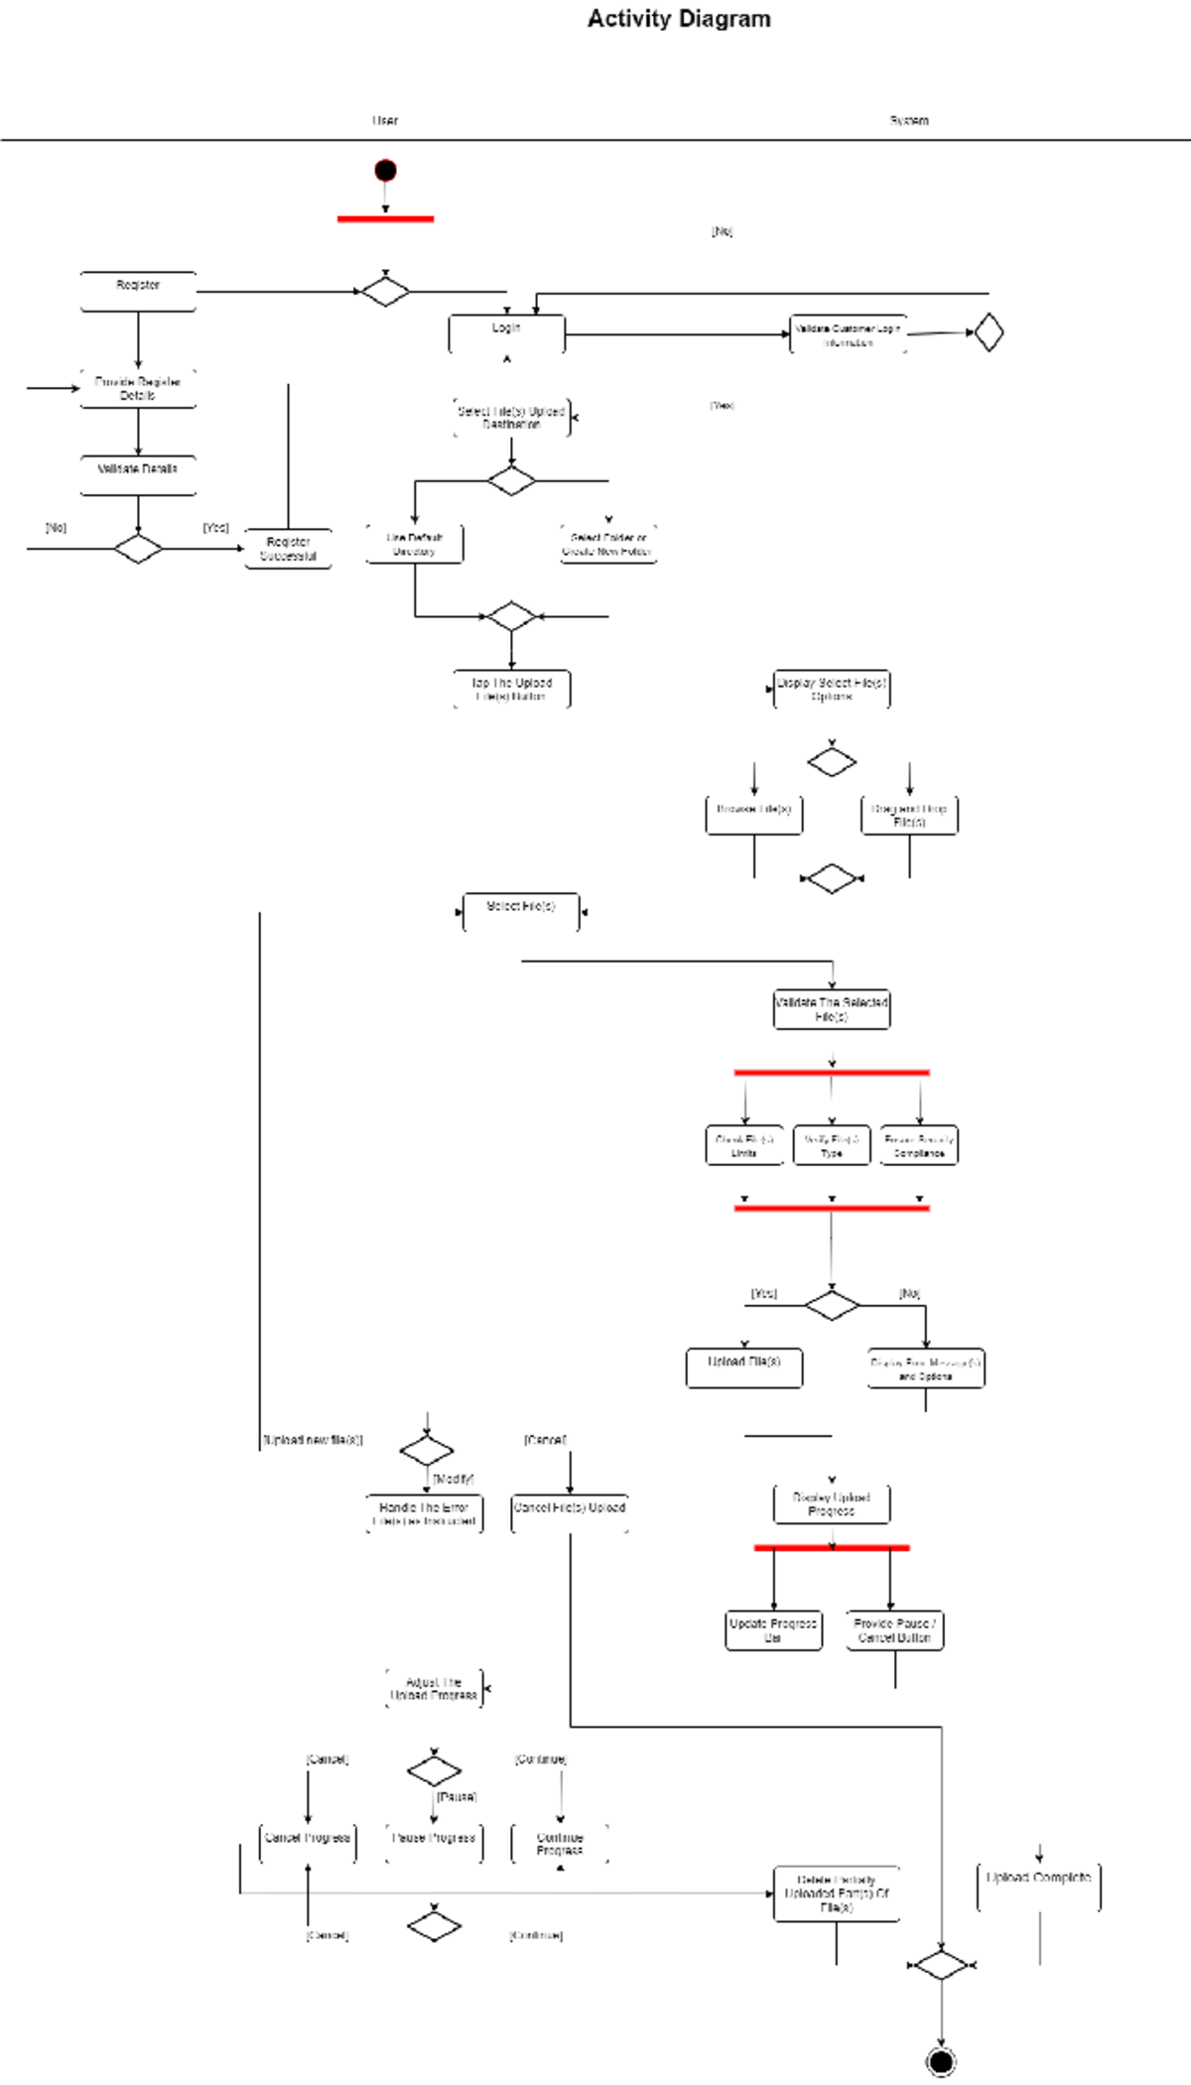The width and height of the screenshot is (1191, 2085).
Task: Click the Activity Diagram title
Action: click(x=679, y=19)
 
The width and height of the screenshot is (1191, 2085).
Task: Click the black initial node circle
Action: click(x=385, y=171)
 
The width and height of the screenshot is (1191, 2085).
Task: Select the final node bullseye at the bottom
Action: click(x=941, y=2061)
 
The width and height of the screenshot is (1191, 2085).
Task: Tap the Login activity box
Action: click(x=506, y=334)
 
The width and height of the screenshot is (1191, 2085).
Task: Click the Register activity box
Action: click(x=138, y=292)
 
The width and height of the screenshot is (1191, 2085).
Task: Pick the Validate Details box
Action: click(x=138, y=475)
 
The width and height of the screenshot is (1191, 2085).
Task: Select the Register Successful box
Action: click(x=288, y=549)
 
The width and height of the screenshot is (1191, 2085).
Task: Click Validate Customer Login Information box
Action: click(x=848, y=335)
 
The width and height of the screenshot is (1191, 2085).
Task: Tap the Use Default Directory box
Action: click(x=414, y=544)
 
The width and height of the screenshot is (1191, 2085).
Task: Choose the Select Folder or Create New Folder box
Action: click(x=607, y=544)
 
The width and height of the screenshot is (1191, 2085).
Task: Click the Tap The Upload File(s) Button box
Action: click(x=511, y=689)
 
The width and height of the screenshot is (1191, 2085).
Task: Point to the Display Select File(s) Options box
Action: click(x=831, y=689)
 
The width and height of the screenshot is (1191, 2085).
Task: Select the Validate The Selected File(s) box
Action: click(x=831, y=1009)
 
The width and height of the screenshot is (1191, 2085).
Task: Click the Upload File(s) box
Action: click(x=743, y=1368)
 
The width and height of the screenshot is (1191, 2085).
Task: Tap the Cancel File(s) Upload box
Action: click(x=569, y=1513)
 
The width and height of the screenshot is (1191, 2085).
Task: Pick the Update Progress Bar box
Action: click(x=773, y=1629)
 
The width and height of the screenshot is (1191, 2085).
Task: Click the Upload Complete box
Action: click(x=1038, y=1885)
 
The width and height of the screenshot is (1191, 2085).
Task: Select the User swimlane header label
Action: click(x=385, y=121)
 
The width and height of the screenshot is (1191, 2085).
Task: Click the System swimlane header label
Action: click(x=908, y=121)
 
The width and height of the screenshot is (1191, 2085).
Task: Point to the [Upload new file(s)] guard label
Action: click(x=313, y=1440)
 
